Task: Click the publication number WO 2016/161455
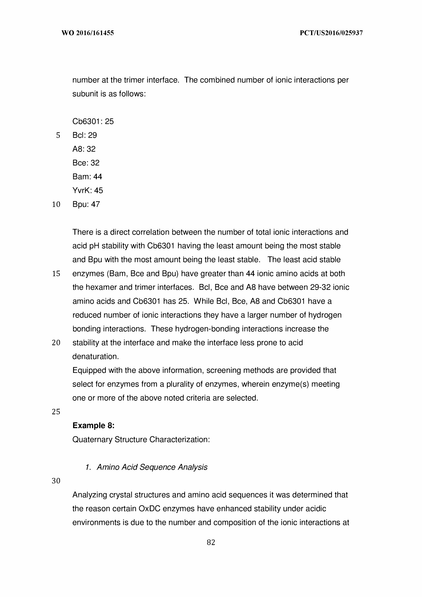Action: coord(88,33)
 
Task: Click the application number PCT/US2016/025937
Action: coord(331,33)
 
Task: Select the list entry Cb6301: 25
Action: coord(93,122)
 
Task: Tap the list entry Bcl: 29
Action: coord(85,135)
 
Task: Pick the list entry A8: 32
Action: coord(84,149)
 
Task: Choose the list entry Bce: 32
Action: coord(86,163)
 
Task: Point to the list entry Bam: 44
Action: coord(87,177)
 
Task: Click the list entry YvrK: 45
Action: coord(88,190)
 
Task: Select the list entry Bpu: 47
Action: coord(86,204)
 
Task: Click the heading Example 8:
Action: coord(94,426)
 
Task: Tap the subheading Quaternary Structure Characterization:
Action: coord(141,439)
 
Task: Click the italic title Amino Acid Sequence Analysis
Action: coord(152,467)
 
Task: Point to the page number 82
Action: coord(211,542)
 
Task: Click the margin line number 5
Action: coord(58,135)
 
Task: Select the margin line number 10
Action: coord(56,204)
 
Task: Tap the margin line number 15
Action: coord(56,274)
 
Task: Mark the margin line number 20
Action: coord(56,343)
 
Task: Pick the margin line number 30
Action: coord(56,481)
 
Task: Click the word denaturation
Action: coord(96,356)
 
